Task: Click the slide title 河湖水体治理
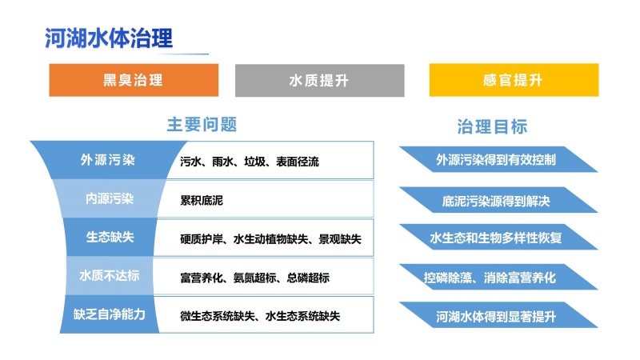tap(109, 38)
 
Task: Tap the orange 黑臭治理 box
tap(134, 80)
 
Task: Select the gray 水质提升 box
tap(319, 81)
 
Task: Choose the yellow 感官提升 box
tap(514, 80)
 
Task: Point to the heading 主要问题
tap(202, 124)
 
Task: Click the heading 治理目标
tap(492, 126)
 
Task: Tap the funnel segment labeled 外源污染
tap(108, 160)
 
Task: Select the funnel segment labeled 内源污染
tap(110, 198)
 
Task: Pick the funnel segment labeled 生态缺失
tap(110, 237)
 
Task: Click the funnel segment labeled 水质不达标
tap(110, 275)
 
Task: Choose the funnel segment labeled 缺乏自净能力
tap(110, 314)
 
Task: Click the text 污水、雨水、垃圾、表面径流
tap(250, 162)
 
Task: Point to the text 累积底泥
tap(202, 201)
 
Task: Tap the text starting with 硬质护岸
tap(270, 238)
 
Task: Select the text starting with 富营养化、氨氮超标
tap(254, 278)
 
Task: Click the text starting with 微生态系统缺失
tap(260, 316)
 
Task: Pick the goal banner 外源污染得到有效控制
tap(498, 159)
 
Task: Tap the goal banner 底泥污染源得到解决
tap(498, 200)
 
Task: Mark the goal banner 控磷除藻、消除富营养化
tap(498, 277)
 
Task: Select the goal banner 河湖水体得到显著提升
tap(498, 315)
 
